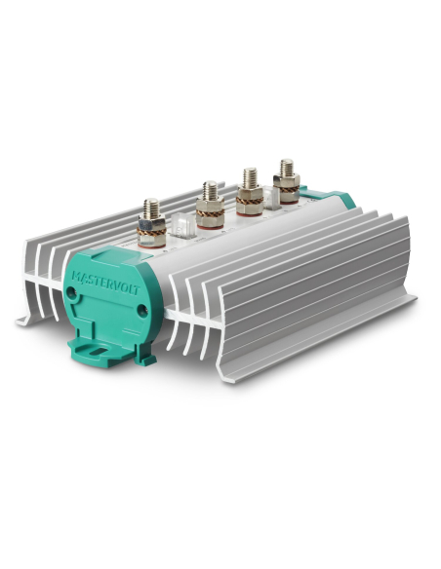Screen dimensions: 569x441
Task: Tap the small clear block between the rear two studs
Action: coord(272,196)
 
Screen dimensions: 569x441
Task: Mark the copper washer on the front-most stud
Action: coord(153,230)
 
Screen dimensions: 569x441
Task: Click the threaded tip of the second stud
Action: coord(209,185)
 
